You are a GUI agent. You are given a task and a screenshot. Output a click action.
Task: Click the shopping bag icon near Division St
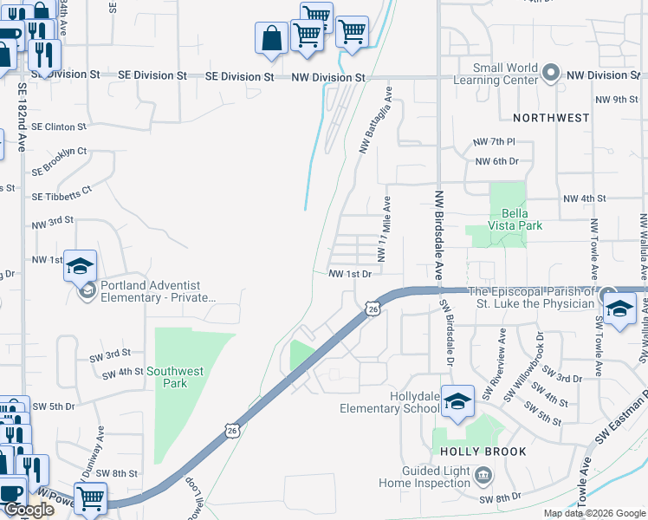(x=271, y=39)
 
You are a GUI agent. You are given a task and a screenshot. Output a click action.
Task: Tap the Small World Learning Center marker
(x=551, y=74)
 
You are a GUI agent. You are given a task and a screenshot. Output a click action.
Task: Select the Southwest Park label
(x=175, y=377)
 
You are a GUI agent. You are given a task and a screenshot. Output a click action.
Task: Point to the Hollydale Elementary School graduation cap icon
(x=457, y=402)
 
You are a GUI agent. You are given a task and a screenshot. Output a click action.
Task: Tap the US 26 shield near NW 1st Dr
(x=372, y=309)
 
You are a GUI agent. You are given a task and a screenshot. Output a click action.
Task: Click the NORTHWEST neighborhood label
(x=551, y=117)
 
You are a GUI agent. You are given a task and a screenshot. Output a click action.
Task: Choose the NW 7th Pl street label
(x=495, y=141)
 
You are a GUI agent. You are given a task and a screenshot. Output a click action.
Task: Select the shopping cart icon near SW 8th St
(x=90, y=499)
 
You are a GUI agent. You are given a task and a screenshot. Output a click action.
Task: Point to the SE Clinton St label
(x=59, y=127)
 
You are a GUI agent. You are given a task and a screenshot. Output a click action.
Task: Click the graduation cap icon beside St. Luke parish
(x=620, y=309)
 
